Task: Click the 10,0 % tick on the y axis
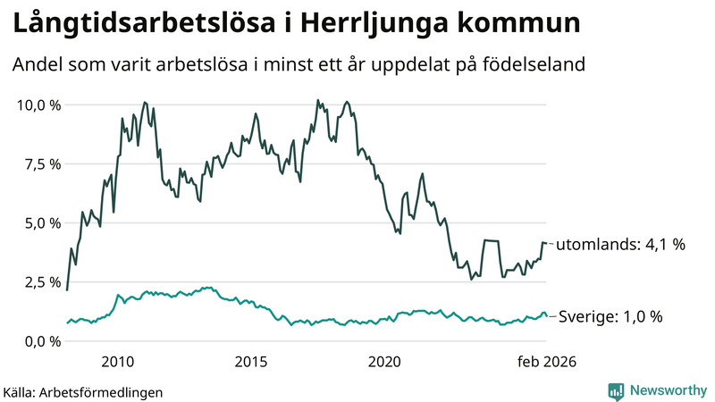pos(38,105)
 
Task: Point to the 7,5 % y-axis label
pos(41,163)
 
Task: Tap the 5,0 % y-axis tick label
pos(41,222)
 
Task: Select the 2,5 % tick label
pos(41,281)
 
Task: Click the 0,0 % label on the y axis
pos(41,340)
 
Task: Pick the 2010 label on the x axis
pos(118,361)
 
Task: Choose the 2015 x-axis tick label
pos(251,361)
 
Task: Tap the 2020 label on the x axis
pos(384,361)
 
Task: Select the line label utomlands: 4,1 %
pos(620,244)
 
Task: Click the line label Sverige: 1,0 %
pos(610,316)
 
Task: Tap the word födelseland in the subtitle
pos(536,65)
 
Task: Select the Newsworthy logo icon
pos(617,390)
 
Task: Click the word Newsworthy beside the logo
pos(669,390)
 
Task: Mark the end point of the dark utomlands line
pos(546,243)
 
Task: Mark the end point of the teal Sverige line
pos(546,316)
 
